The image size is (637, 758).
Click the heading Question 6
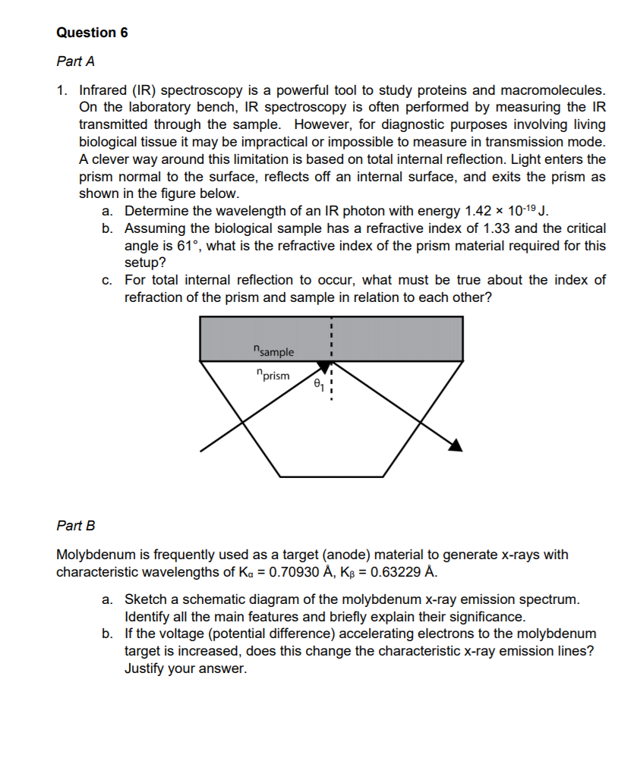pyautogui.click(x=92, y=33)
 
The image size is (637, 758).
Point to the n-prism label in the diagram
pyautogui.click(x=273, y=375)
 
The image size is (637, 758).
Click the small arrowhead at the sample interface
pyautogui.click(x=324, y=367)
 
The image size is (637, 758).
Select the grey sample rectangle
pyautogui.click(x=395, y=338)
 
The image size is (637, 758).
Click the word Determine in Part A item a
pyautogui.click(x=157, y=211)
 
